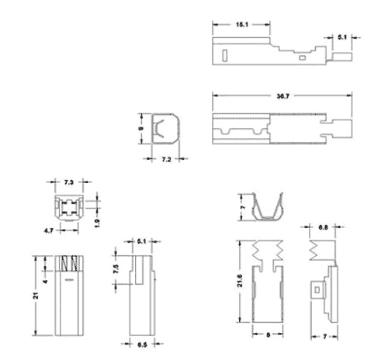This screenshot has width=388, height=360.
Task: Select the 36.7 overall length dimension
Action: (282, 96)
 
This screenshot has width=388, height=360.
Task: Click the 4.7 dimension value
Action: (50, 230)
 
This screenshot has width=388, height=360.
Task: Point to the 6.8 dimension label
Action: (323, 227)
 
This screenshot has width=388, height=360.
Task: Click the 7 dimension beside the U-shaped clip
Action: (243, 209)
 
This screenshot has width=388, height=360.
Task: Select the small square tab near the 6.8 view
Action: (317, 289)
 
